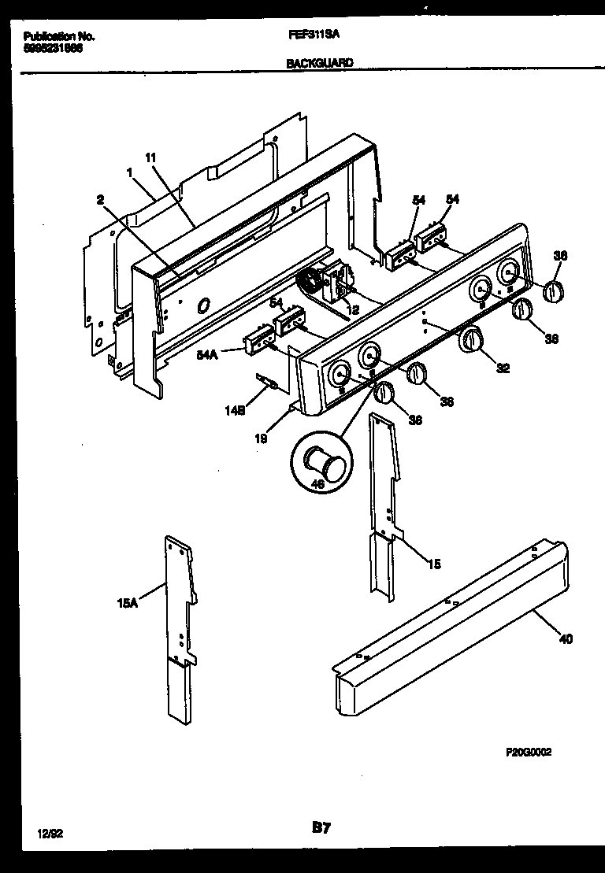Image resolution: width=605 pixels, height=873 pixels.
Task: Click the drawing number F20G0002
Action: coord(528,752)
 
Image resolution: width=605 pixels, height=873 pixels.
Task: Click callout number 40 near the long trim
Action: coord(566,638)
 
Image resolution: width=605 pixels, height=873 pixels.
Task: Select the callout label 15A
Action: coord(128,604)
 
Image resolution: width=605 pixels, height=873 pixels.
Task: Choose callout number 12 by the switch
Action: coord(353,311)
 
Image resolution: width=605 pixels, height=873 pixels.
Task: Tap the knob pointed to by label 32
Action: coord(471,340)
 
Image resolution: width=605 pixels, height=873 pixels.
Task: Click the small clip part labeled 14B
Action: coord(269,383)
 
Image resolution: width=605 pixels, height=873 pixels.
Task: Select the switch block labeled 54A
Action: coord(257,341)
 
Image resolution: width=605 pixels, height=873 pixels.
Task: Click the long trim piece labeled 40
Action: coord(441,630)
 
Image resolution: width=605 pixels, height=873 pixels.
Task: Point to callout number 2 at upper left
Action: coord(100,200)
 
